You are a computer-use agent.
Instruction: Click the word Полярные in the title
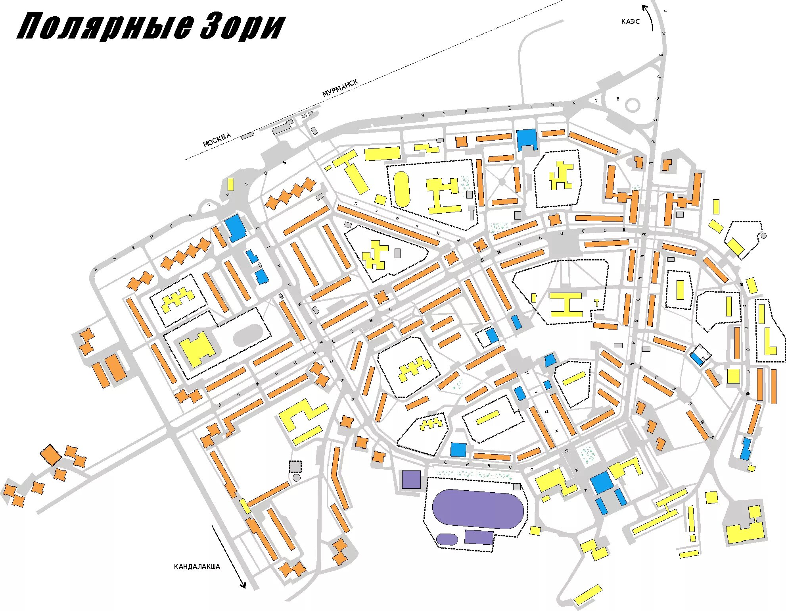point(105,27)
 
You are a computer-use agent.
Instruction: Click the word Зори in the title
point(243,27)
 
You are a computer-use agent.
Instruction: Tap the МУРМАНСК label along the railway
point(340,88)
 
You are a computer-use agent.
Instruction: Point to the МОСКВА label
point(217,140)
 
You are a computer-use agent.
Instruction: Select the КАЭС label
point(630,21)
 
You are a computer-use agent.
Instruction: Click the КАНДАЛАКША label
point(197,567)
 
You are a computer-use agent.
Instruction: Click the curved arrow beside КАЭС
point(649,17)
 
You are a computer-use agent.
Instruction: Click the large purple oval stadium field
point(477,509)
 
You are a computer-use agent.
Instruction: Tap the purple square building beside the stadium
point(411,480)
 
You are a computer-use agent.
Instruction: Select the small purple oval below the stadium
point(447,539)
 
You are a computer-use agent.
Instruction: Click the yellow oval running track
point(401,189)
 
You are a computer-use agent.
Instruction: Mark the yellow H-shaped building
point(566,305)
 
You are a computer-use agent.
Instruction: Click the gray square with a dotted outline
point(295,466)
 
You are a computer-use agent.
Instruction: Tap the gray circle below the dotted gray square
point(297,478)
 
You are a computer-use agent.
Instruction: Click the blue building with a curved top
point(550,360)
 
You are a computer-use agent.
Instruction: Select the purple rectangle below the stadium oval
point(479,537)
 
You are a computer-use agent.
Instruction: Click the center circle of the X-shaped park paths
point(502,182)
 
